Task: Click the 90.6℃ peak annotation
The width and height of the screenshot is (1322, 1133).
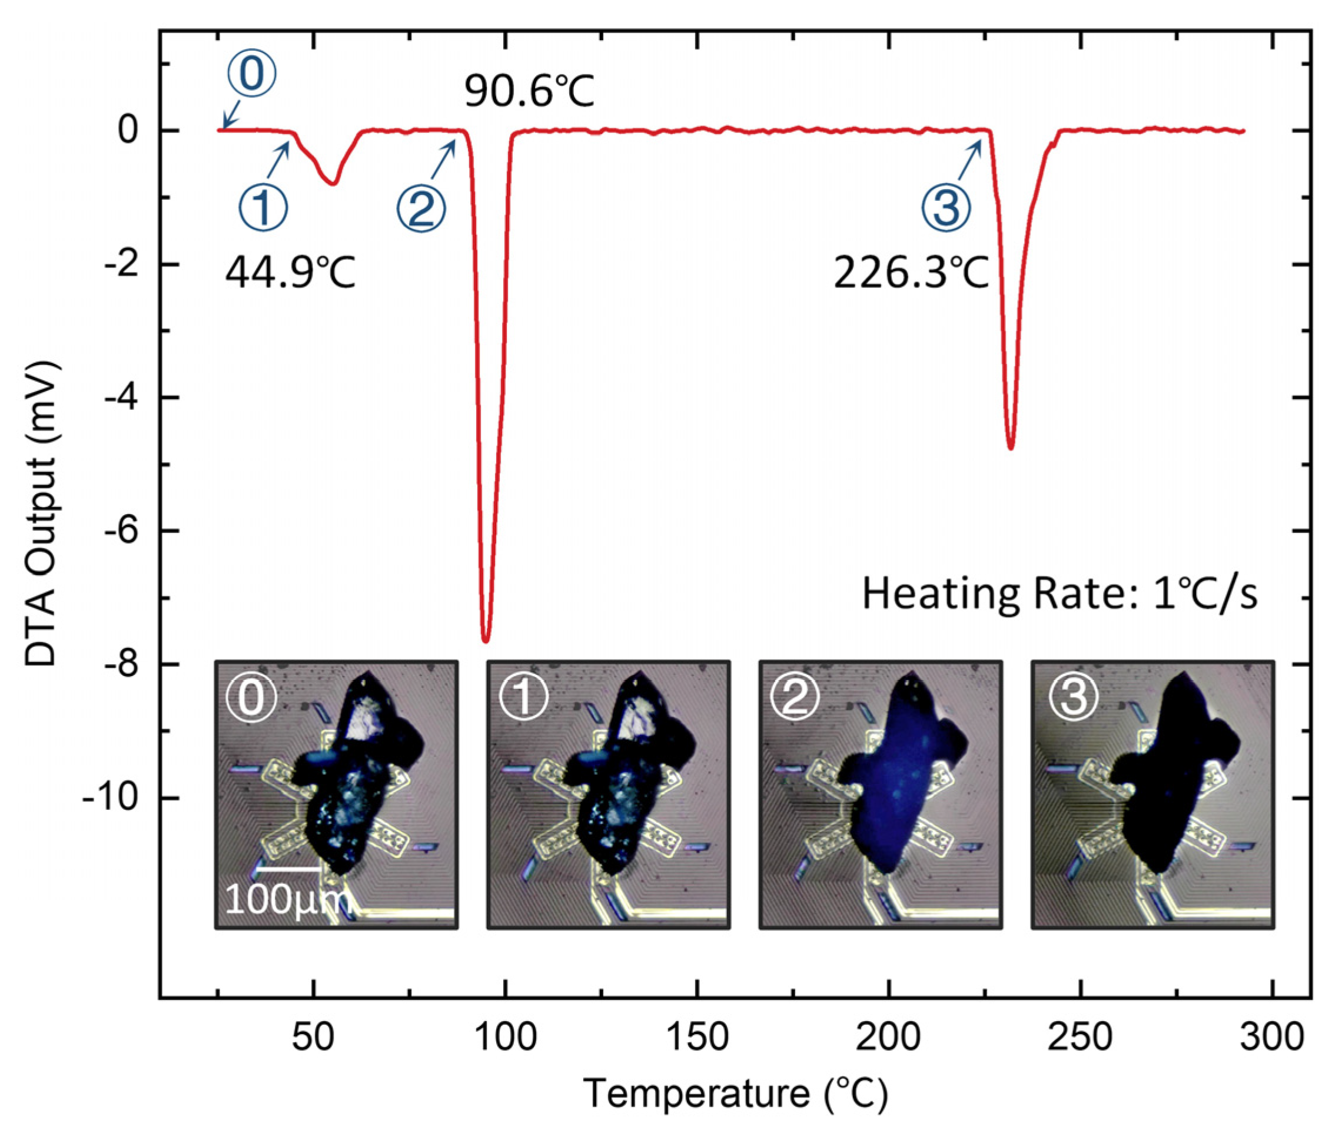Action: [529, 91]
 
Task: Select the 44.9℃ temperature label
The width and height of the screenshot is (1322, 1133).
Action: [290, 273]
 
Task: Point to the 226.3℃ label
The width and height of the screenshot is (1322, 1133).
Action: [911, 273]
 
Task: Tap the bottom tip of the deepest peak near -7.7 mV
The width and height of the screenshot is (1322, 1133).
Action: [486, 640]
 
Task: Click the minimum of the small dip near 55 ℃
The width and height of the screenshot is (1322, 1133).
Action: [333, 183]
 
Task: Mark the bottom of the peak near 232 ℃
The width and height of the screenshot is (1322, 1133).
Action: [1010, 448]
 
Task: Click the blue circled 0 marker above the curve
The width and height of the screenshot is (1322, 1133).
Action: [253, 75]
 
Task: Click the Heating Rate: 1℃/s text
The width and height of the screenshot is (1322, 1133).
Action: [1059, 594]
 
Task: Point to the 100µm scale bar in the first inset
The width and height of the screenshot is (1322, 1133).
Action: [288, 869]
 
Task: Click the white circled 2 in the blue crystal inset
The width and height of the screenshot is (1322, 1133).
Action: [795, 697]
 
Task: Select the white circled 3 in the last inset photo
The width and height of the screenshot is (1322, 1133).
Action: [1074, 697]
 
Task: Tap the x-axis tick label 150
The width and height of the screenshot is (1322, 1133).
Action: [697, 1037]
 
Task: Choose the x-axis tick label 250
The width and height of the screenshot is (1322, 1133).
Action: [1080, 1037]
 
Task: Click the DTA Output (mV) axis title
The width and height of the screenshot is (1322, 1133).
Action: [42, 515]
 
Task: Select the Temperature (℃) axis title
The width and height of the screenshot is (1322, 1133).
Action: [735, 1094]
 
